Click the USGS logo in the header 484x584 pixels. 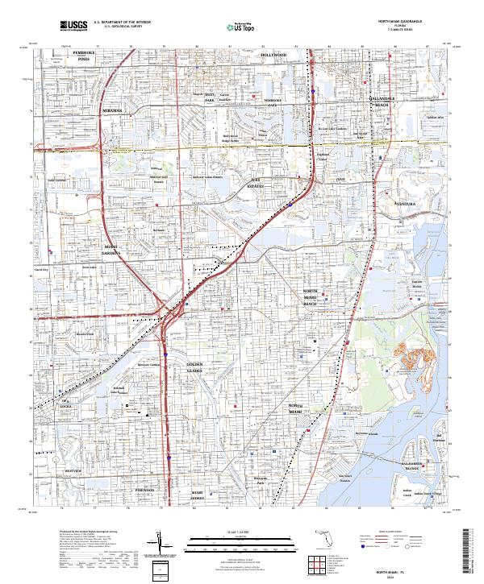click(73, 26)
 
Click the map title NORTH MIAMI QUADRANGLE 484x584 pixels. click(396, 21)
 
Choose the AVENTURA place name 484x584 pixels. click(404, 205)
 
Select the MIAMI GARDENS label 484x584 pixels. click(111, 249)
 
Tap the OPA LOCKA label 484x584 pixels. click(66, 402)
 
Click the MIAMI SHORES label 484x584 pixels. click(198, 494)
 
